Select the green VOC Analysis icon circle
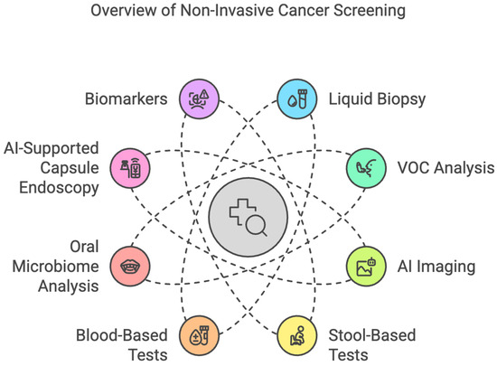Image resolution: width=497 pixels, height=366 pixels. click(x=365, y=167)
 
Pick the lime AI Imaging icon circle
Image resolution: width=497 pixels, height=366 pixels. click(x=365, y=267)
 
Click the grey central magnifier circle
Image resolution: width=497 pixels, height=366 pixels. click(x=248, y=217)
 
